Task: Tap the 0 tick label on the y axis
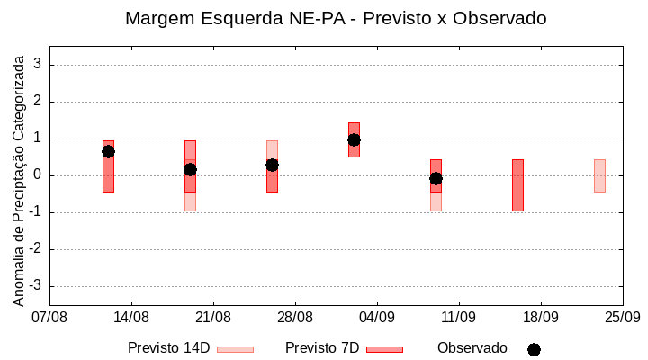(x=38, y=175)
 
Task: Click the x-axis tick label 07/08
(x=49, y=318)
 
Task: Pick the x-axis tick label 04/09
(x=377, y=318)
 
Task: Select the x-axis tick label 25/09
(x=623, y=318)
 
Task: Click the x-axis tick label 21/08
(x=213, y=318)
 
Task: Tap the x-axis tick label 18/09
(x=541, y=318)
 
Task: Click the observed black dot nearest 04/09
(x=354, y=139)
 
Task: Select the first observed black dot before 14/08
(x=108, y=151)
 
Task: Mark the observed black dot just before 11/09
(x=436, y=178)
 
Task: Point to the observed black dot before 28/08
(x=272, y=165)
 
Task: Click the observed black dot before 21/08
(x=190, y=169)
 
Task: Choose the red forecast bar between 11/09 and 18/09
(x=517, y=184)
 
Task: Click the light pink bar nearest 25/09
(x=599, y=175)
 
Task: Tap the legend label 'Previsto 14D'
(x=168, y=348)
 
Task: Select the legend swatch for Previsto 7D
(x=384, y=349)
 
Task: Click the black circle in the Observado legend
(x=534, y=349)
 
